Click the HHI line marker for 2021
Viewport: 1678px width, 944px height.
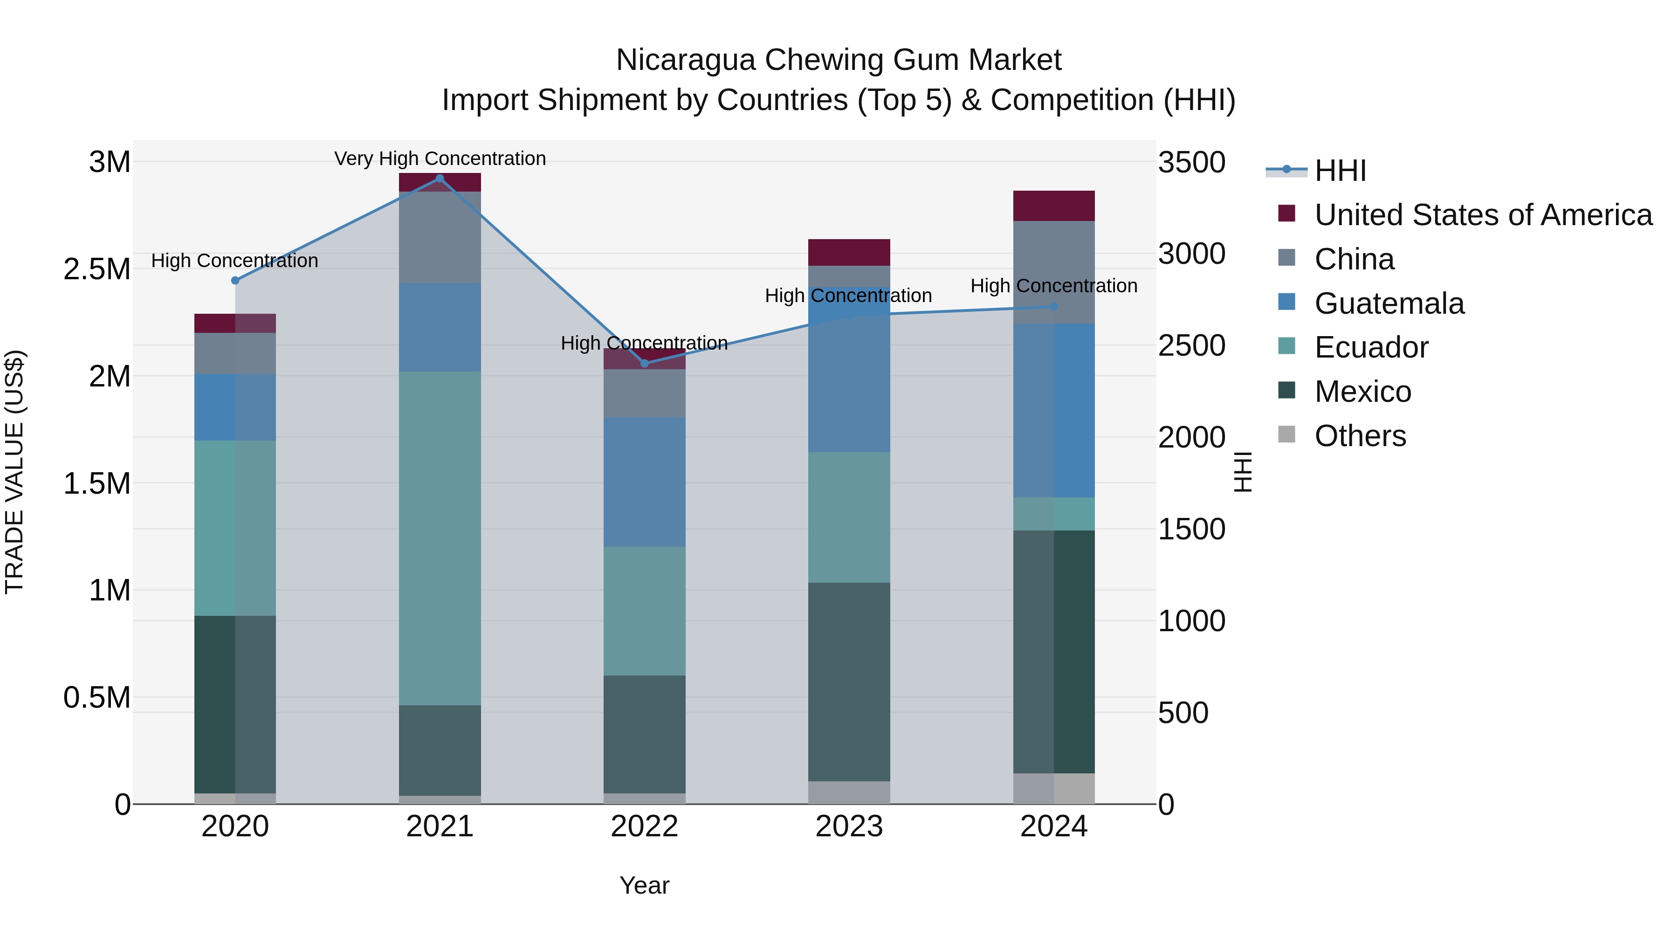440,179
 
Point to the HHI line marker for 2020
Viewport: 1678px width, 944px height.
235,281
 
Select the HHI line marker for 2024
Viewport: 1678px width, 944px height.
1054,307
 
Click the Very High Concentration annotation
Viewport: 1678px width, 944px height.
440,159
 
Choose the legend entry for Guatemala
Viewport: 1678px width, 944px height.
1389,303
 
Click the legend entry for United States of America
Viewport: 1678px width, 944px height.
1483,215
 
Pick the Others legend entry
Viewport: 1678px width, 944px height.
1360,436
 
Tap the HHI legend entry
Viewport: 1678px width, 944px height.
1339,171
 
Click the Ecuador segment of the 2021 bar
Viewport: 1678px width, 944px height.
440,538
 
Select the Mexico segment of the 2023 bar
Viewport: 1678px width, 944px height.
849,682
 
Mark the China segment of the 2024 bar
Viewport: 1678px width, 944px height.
1054,272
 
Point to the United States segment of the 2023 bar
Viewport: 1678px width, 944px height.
849,252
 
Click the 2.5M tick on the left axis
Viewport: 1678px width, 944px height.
96,269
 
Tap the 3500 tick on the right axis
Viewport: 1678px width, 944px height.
1191,162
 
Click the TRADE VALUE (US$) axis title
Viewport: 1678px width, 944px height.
14,472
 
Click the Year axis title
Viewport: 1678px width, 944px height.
644,885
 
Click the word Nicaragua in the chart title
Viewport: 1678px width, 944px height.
685,60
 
